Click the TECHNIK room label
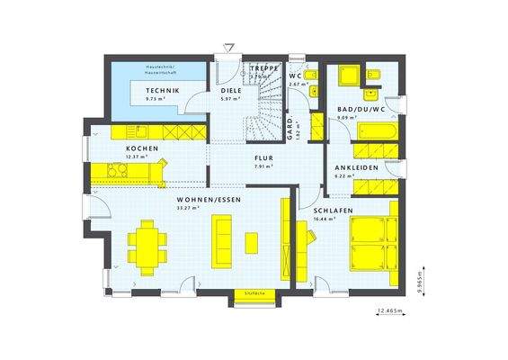(x=166, y=92)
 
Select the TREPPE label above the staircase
(x=264, y=68)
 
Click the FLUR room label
(x=263, y=157)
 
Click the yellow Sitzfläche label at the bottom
(x=252, y=293)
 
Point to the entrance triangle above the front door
(x=229, y=46)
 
